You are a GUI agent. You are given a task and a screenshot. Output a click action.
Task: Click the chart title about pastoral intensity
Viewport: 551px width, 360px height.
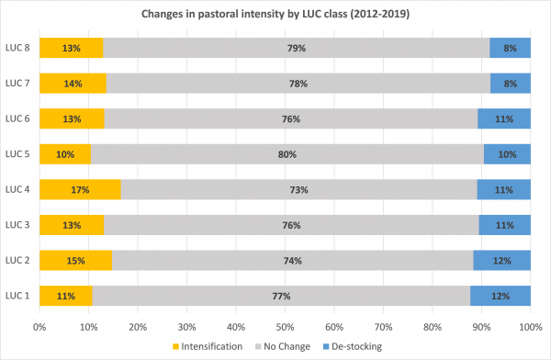(275, 16)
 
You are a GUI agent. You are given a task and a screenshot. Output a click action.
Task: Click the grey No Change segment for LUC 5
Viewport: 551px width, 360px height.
(287, 154)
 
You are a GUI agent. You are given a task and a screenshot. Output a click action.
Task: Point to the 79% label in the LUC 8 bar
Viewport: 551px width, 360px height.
(296, 48)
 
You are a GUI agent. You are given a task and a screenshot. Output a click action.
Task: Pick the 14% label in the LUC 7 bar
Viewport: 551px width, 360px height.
(73, 84)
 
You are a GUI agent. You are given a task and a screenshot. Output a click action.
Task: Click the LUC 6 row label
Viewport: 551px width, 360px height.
(17, 118)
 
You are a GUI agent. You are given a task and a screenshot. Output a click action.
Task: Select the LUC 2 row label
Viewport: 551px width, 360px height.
(17, 260)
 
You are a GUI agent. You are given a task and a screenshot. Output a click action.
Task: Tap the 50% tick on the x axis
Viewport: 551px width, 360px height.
(285, 325)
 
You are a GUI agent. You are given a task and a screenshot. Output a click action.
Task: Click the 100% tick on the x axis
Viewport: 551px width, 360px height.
(530, 325)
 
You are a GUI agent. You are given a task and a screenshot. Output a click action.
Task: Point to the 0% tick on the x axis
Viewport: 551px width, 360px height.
(39, 325)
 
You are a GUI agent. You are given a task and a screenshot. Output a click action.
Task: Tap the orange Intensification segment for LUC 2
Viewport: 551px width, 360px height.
(75, 260)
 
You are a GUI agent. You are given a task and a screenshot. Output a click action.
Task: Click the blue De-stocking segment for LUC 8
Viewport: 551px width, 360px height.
(510, 48)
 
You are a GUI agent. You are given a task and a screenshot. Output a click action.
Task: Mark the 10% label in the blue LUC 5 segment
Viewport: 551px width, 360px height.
(507, 154)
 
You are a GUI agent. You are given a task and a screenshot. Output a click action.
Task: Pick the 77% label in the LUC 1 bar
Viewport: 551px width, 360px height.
(281, 296)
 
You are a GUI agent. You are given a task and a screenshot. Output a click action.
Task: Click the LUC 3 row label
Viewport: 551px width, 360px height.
(17, 225)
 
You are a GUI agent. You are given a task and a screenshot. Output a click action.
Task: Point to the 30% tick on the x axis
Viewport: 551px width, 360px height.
(186, 325)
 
